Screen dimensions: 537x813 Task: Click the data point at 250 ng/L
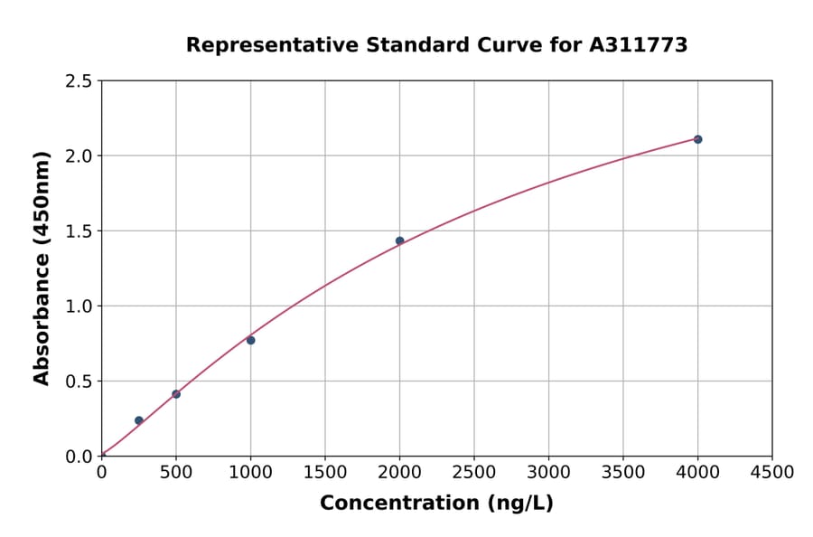pyautogui.click(x=138, y=420)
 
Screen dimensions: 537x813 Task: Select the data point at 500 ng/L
pyautogui.click(x=176, y=394)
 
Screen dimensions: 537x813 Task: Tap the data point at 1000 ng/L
pyautogui.click(x=250, y=340)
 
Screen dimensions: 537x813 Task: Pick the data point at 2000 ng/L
pyautogui.click(x=399, y=241)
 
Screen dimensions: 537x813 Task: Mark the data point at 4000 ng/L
pyautogui.click(x=697, y=139)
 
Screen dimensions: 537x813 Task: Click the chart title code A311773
pyautogui.click(x=638, y=45)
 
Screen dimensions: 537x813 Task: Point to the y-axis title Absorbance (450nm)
pyautogui.click(x=42, y=268)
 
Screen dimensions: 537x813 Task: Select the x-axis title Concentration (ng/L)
pyautogui.click(x=436, y=503)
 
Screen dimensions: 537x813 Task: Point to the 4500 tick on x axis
pyautogui.click(x=772, y=472)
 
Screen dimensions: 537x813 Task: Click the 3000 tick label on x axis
pyautogui.click(x=548, y=472)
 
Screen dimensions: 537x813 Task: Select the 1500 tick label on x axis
pyautogui.click(x=325, y=472)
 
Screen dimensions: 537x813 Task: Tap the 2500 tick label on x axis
pyautogui.click(x=474, y=472)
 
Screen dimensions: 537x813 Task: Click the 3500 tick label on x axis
pyautogui.click(x=623, y=472)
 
